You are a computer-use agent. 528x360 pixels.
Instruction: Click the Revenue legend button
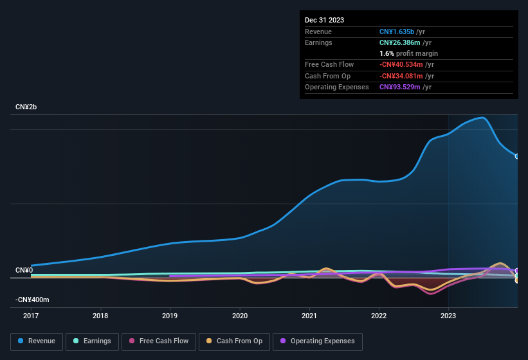(37, 341)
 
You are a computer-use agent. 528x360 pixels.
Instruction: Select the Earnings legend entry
(93, 341)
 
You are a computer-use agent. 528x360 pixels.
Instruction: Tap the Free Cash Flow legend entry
(158, 341)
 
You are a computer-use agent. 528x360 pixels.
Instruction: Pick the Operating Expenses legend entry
(317, 341)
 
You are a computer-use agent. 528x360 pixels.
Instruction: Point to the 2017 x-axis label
(31, 316)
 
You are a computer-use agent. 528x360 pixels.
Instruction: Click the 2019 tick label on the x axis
(170, 316)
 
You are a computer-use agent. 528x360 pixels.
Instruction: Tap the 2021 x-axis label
(309, 316)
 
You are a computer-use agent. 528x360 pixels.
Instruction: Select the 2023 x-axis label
(448, 316)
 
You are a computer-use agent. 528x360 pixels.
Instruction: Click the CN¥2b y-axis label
(26, 107)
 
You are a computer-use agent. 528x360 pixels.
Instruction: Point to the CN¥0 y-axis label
(24, 270)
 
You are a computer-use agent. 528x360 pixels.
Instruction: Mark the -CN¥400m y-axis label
(32, 300)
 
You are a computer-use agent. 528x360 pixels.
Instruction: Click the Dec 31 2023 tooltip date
(324, 20)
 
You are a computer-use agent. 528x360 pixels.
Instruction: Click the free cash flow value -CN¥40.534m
(401, 64)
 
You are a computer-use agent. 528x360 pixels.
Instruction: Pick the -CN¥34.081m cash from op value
(401, 76)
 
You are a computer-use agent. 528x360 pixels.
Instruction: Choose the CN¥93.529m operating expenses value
(400, 87)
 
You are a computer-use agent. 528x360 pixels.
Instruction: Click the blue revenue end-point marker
(516, 156)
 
